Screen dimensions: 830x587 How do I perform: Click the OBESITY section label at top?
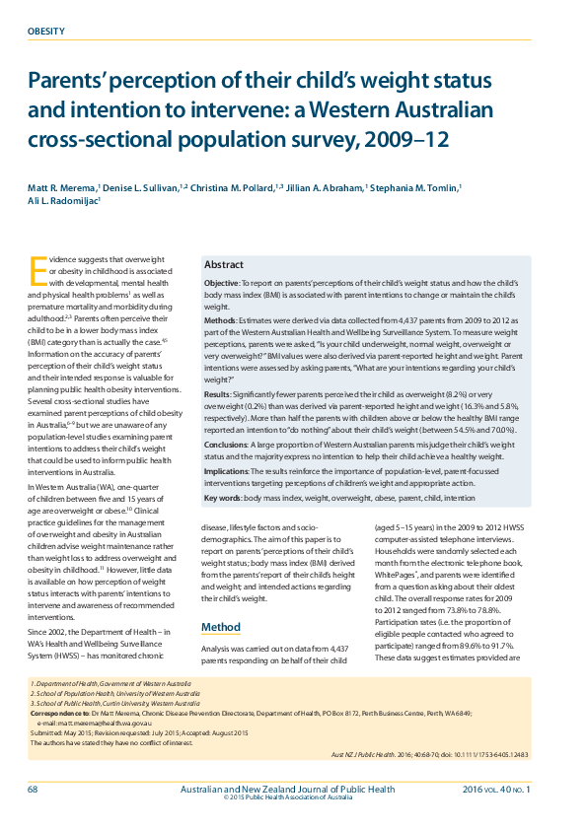click(45, 32)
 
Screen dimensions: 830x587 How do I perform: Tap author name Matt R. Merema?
click(62, 186)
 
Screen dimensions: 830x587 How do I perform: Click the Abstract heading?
click(224, 266)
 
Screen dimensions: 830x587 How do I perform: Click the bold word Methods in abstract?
click(221, 321)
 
